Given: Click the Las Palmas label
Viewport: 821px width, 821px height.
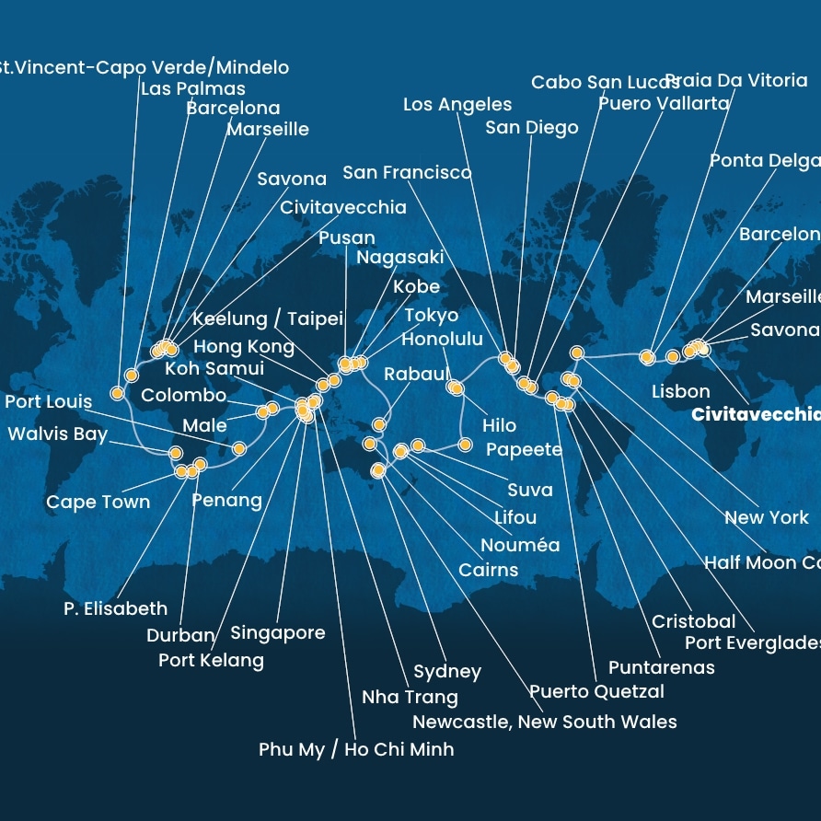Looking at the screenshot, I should pos(192,89).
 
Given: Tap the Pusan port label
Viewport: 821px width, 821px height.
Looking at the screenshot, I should pos(347,238).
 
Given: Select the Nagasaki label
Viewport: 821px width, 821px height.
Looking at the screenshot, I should pos(399,258).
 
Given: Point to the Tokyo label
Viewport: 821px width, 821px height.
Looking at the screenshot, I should pos(431,316).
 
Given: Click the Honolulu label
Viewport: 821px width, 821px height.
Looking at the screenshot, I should pos(442,340).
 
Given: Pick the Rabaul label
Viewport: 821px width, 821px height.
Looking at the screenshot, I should pos(416,375).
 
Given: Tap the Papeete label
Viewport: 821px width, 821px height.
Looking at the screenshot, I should pos(523,449).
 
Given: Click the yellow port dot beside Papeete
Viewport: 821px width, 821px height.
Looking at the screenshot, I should pos(465,445).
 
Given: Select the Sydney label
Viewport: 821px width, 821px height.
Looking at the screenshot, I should pos(447,671).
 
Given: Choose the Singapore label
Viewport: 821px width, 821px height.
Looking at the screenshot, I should pos(277,633).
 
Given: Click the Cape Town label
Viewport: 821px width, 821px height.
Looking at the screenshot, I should pos(98,502).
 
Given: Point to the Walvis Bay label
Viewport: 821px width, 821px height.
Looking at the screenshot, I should pos(58,434).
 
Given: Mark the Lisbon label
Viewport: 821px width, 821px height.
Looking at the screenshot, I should pos(680,392).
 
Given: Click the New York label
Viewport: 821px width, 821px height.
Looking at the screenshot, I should pos(766,517).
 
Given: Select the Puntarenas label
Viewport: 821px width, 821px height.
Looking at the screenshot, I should pos(661,667).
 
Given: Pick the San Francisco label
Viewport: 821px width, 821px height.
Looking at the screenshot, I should pos(407,172).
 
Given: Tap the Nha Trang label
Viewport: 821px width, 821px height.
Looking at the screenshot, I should pos(410,697).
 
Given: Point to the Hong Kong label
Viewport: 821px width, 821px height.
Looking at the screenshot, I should pos(244,347).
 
